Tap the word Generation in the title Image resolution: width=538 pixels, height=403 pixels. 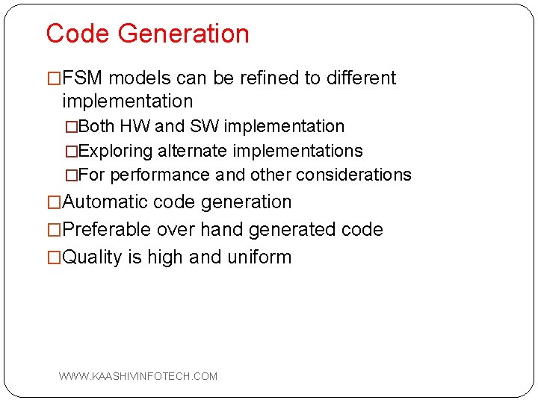pos(183,34)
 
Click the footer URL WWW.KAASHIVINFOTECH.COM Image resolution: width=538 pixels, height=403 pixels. pos(138,376)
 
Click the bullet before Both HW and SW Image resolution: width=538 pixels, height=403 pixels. pos(71,127)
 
